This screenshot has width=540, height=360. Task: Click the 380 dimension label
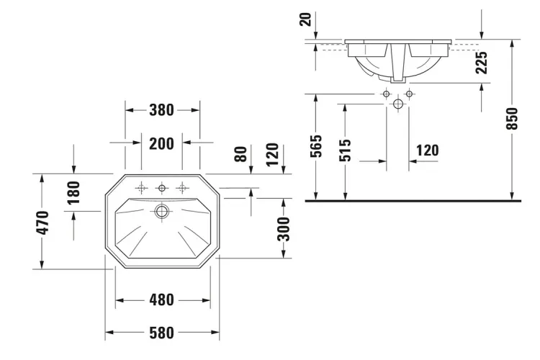pos(162,110)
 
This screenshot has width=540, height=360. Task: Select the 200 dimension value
pos(162,143)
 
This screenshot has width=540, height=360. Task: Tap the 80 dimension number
pos(240,153)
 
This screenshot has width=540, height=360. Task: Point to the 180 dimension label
pos(74,192)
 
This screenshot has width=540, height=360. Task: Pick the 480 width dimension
pos(162,300)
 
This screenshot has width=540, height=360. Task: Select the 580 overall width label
pos(162,333)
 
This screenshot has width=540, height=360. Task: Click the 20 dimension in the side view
pos(310,17)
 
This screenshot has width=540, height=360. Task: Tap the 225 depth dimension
pos(482,64)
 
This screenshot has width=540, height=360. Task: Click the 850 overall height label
pos(512,119)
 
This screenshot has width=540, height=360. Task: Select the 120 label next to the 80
pos(271,153)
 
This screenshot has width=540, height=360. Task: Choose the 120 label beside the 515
pos(427,150)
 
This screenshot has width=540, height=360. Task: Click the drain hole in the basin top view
pos(162,212)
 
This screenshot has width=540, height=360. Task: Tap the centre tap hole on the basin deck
pos(162,188)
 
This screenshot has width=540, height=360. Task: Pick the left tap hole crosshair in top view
pos(142,188)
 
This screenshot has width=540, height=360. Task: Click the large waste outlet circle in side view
pos(397,104)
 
